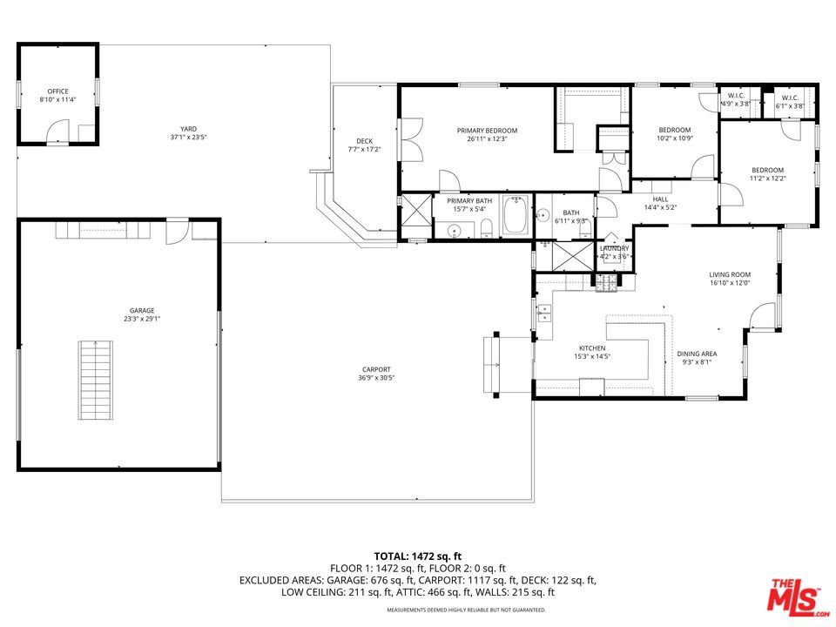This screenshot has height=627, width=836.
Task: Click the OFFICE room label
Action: (58, 91)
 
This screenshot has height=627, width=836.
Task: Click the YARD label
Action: (188, 129)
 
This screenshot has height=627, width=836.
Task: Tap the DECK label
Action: (365, 141)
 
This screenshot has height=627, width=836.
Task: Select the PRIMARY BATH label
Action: (469, 201)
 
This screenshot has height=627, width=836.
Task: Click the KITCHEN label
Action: (592, 347)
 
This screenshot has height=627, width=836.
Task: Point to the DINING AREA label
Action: (697, 354)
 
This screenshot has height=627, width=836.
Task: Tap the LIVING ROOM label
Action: (730, 274)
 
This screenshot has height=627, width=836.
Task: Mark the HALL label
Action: (661, 199)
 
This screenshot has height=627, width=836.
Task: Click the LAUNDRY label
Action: (614, 249)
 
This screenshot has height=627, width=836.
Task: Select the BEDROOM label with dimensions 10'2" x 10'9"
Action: (674, 130)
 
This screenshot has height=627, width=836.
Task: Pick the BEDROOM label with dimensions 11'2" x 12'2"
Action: (767, 170)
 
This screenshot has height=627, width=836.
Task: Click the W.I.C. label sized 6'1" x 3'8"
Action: (790, 98)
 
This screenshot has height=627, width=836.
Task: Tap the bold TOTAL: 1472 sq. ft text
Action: (417, 555)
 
